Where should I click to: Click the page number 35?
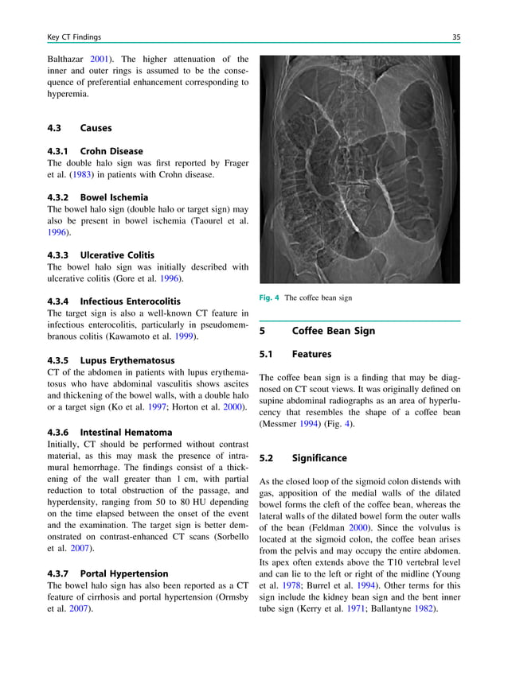[x=455, y=37]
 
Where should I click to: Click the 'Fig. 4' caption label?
[x=270, y=298]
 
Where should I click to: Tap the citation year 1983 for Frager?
[x=78, y=175]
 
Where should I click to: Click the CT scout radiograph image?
[x=360, y=169]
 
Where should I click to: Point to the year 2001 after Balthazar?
[x=100, y=59]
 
